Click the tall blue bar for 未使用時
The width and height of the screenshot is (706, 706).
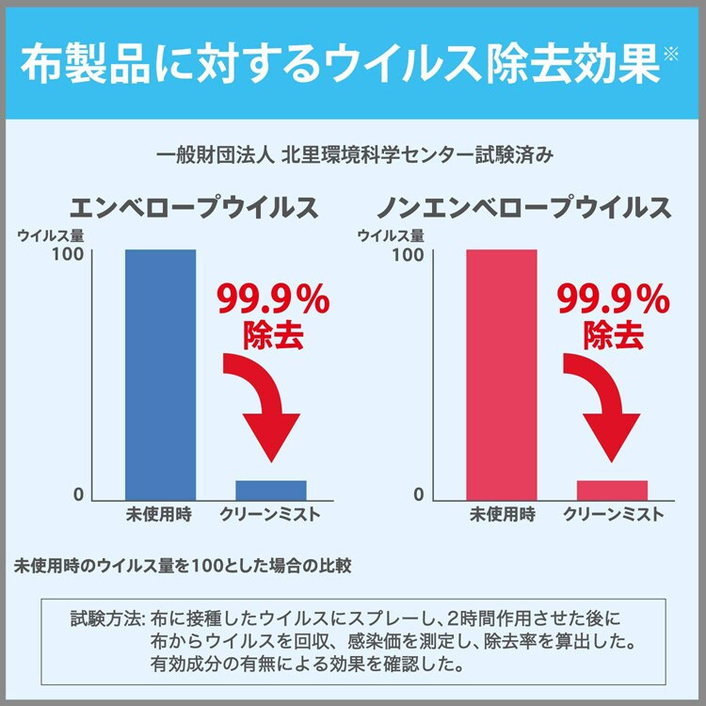[x=160, y=374]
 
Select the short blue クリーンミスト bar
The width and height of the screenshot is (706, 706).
[x=271, y=489]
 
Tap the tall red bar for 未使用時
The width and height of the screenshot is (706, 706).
[x=502, y=374]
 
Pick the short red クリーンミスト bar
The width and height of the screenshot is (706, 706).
[x=612, y=489]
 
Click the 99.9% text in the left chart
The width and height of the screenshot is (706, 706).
[x=273, y=300]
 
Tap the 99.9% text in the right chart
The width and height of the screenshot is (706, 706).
[x=614, y=300]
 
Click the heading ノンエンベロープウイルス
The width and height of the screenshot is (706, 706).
[x=524, y=207]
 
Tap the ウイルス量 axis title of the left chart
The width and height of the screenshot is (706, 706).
[x=51, y=234]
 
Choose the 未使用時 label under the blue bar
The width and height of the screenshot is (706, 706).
[x=160, y=515]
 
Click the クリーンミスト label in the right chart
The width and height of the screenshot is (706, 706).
[x=613, y=515]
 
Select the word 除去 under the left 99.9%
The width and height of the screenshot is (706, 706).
[x=273, y=337]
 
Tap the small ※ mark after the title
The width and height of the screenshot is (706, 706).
[x=669, y=54]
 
